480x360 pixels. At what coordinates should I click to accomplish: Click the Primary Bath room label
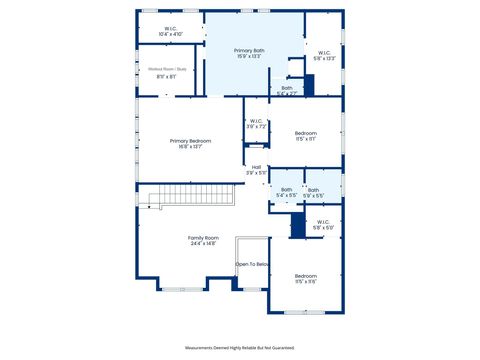pyautogui.click(x=249, y=50)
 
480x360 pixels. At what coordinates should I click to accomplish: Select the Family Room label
pyautogui.click(x=202, y=237)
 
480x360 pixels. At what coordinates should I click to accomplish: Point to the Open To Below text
pyautogui.click(x=253, y=264)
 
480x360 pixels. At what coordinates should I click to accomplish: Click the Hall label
pyautogui.click(x=256, y=167)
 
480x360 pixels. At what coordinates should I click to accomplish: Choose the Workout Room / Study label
pyautogui.click(x=167, y=69)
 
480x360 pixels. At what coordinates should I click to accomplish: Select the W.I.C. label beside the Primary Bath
pyautogui.click(x=324, y=52)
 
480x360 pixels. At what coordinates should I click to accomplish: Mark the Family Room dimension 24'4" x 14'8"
pyautogui.click(x=202, y=243)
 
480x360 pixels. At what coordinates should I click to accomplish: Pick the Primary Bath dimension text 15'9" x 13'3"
pyautogui.click(x=249, y=56)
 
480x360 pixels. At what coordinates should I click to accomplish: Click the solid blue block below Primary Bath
pyautogui.click(x=309, y=85)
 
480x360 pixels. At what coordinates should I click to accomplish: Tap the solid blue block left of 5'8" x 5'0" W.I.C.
pyautogui.click(x=297, y=226)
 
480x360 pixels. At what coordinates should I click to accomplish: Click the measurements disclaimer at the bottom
pyautogui.click(x=240, y=347)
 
